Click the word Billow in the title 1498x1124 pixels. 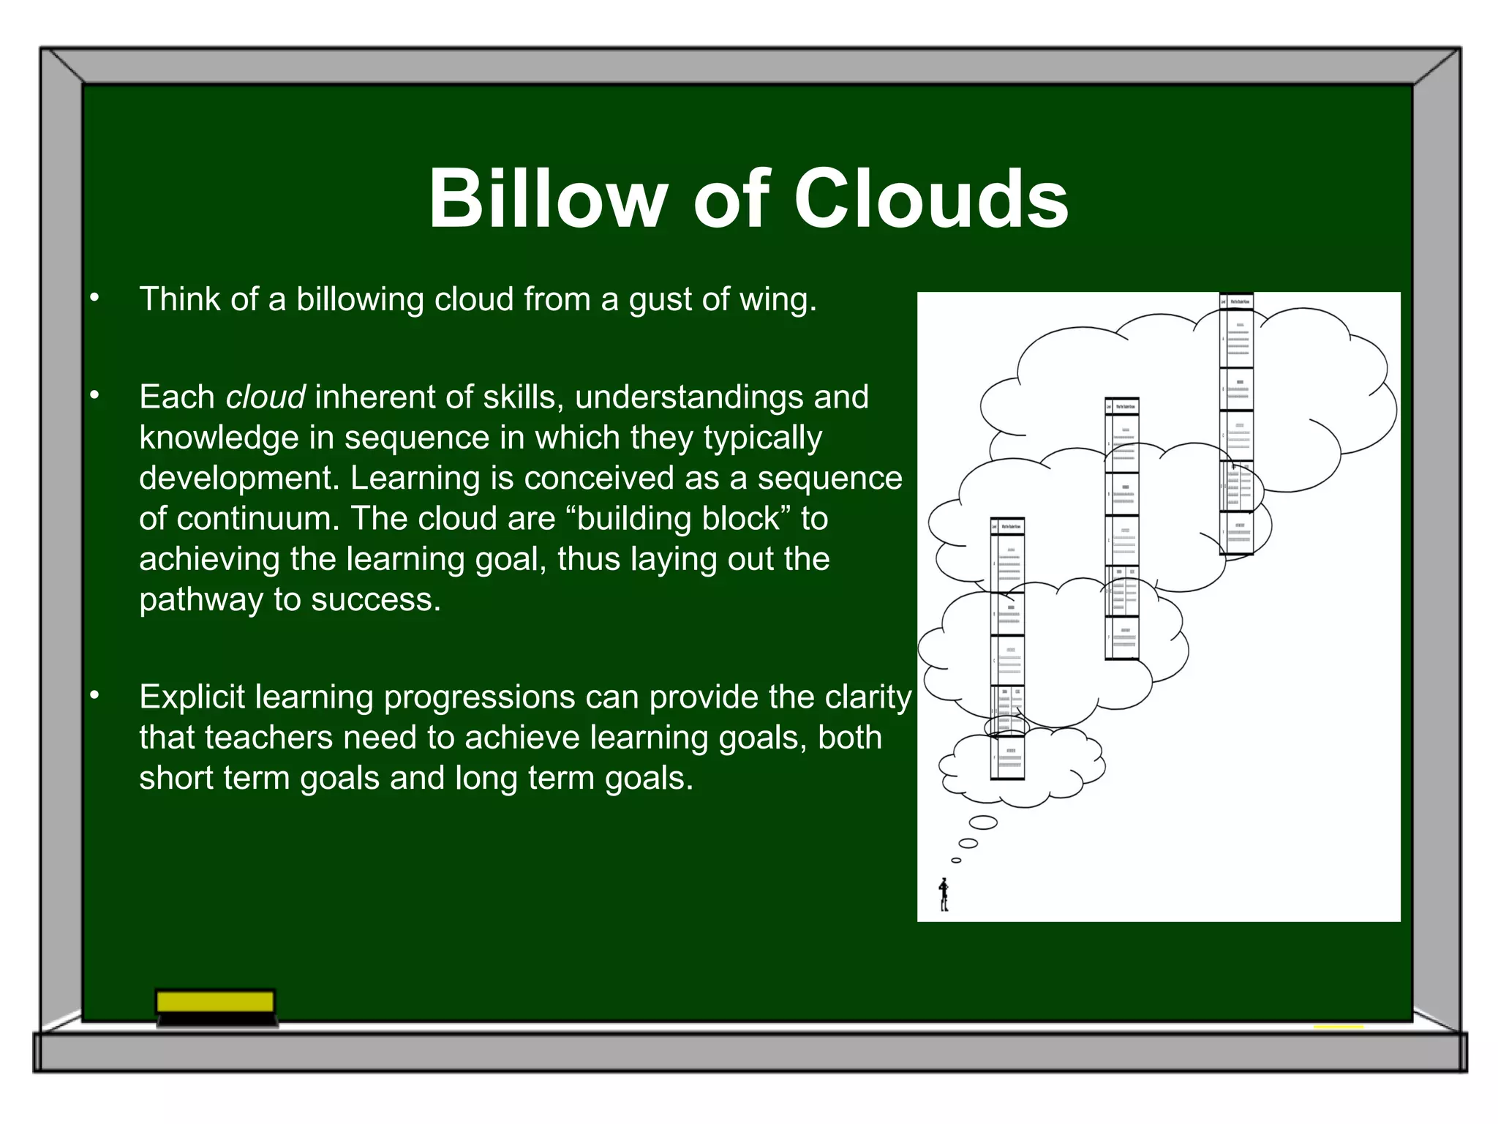(x=547, y=199)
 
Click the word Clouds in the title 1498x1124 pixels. (x=930, y=199)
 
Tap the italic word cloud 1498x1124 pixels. (x=265, y=397)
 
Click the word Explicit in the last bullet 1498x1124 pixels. (x=192, y=697)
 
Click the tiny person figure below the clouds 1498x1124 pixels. (x=944, y=895)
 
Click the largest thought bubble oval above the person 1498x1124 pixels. (x=983, y=823)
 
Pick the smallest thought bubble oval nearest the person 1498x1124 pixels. (x=956, y=861)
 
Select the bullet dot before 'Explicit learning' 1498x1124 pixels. (x=94, y=696)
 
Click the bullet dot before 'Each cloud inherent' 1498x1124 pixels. (x=94, y=396)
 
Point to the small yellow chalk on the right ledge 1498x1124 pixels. (x=1339, y=1027)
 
